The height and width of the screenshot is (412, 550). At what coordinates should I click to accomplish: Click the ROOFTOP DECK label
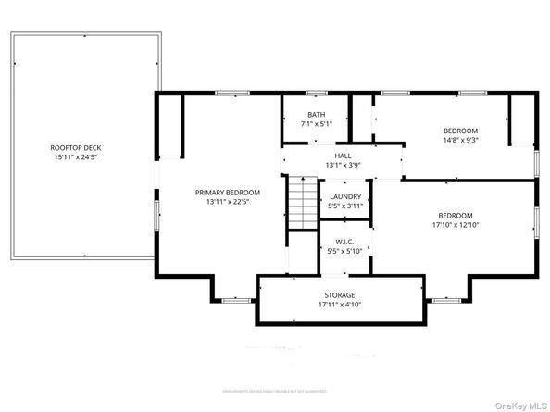click(75, 148)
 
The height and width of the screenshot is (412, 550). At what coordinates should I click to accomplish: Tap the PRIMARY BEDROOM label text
click(227, 193)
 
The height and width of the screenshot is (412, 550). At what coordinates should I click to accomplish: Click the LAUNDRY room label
click(345, 197)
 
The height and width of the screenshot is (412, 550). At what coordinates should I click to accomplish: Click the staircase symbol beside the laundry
click(299, 202)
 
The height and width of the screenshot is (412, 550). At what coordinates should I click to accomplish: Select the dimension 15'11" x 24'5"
click(75, 157)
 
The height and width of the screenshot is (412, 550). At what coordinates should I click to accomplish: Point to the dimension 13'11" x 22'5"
click(227, 202)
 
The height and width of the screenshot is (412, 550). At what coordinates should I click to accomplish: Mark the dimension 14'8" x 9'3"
click(460, 140)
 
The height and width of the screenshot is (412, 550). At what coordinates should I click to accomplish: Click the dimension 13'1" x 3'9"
click(344, 165)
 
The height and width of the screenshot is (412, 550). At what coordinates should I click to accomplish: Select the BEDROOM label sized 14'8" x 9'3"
click(460, 131)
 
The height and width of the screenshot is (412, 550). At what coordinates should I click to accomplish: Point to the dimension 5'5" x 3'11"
click(345, 206)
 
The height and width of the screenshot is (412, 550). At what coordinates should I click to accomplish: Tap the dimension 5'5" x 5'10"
click(345, 251)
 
